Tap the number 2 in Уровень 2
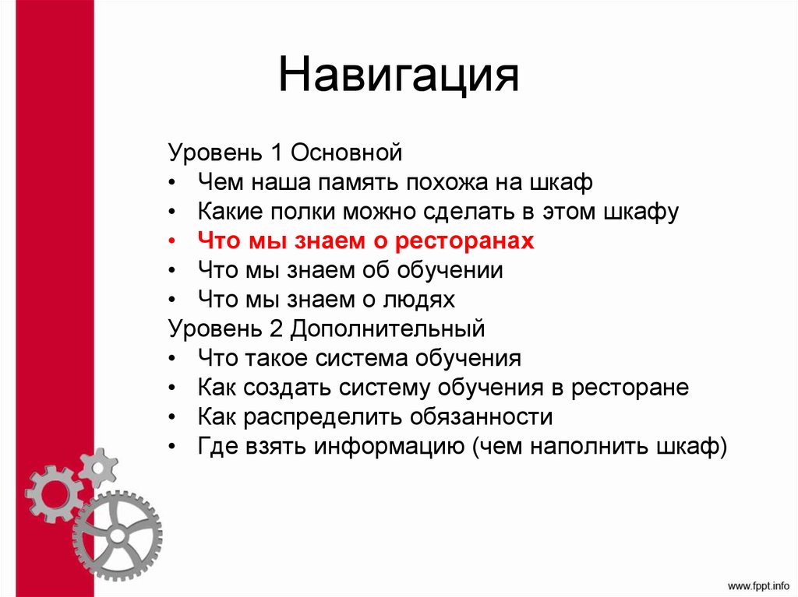point(274,328)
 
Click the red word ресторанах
point(464,241)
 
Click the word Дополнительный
point(387,328)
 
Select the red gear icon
point(53,493)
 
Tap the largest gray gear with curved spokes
point(117,536)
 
